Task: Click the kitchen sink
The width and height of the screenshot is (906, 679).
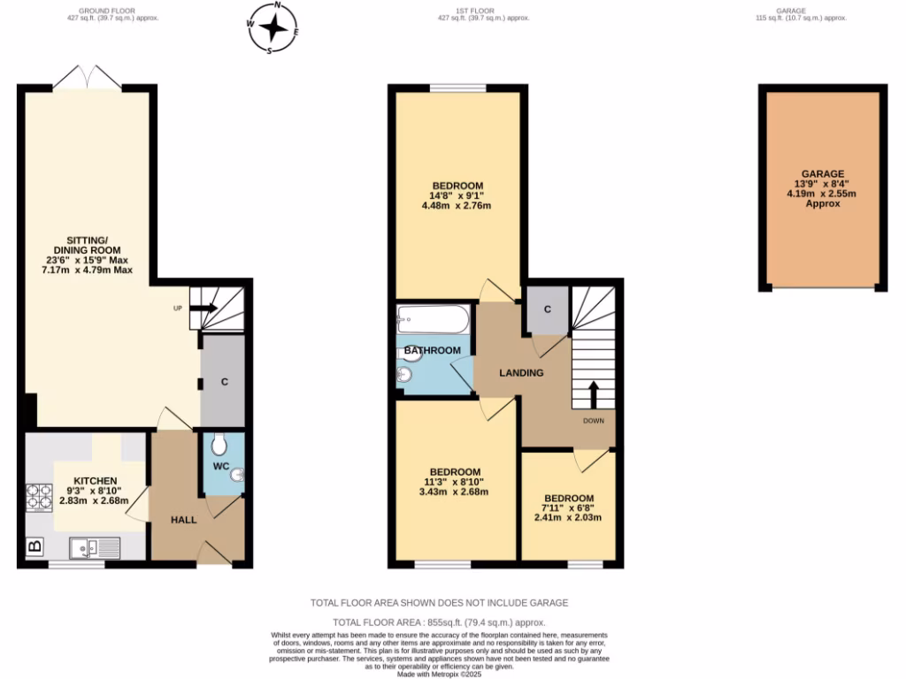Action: pyautogui.click(x=96, y=548)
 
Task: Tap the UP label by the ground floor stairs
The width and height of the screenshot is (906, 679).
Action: pyautogui.click(x=177, y=309)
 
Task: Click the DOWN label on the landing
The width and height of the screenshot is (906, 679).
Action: pyautogui.click(x=593, y=421)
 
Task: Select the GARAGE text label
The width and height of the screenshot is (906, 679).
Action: pyautogui.click(x=823, y=174)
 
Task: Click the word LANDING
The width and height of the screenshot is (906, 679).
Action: pyautogui.click(x=521, y=373)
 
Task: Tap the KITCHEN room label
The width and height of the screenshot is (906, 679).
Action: pyautogui.click(x=95, y=481)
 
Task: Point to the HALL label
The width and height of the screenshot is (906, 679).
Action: pyautogui.click(x=183, y=520)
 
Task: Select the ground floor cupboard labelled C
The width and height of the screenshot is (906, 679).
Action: pyautogui.click(x=224, y=382)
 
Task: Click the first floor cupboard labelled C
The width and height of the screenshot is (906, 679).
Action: pyautogui.click(x=548, y=309)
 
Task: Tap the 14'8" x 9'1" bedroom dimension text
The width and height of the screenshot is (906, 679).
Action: pyautogui.click(x=457, y=195)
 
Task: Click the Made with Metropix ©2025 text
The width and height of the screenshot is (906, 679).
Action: pyautogui.click(x=439, y=674)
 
